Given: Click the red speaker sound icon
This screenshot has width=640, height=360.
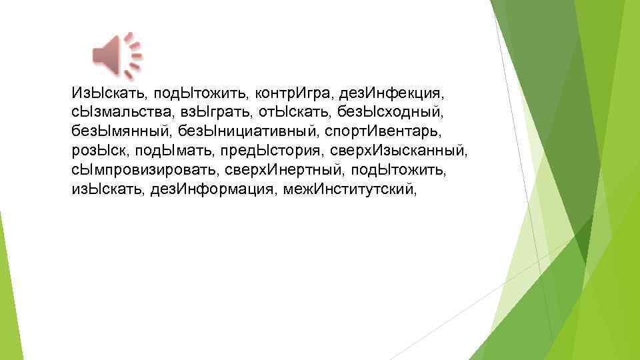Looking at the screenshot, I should tap(117, 53).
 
